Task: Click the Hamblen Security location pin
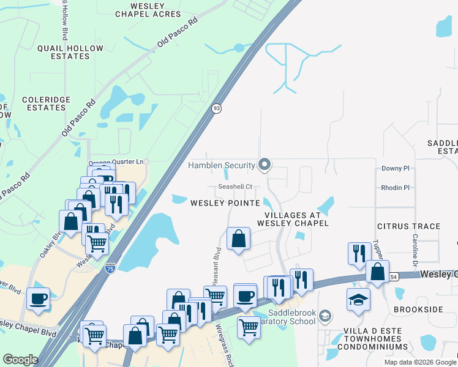click(265, 165)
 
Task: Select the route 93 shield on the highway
click(217, 108)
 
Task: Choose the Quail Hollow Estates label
click(63, 52)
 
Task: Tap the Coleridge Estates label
click(46, 104)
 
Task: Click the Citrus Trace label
click(408, 226)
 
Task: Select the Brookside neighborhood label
click(418, 310)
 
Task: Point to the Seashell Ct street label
click(236, 187)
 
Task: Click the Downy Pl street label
click(395, 168)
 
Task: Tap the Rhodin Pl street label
click(395, 188)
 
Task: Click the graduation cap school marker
click(358, 299)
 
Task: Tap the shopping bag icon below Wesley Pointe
click(238, 239)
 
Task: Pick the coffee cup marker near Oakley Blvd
click(39, 299)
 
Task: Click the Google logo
click(20, 360)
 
